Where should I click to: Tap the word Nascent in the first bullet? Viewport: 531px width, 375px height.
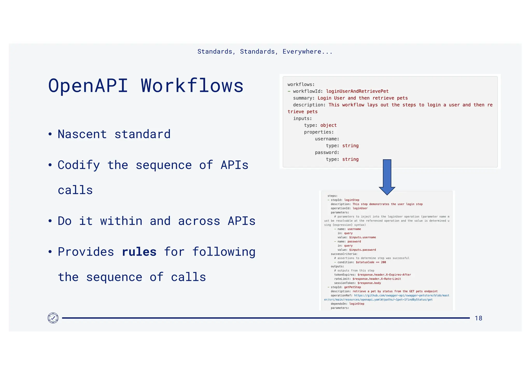pos(82,134)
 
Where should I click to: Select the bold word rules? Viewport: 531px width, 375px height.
pos(139,252)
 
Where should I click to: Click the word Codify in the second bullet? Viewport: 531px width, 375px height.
pos(79,165)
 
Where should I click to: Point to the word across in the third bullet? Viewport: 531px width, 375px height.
pos(199,221)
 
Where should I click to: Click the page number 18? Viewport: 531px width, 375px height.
pos(478,318)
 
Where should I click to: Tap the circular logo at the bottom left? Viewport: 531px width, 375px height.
pos(53,318)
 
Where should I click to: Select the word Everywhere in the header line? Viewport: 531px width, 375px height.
pos(302,52)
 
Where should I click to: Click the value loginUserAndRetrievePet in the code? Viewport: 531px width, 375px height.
pos(357,91)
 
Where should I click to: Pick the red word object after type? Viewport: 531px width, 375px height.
pos(328,125)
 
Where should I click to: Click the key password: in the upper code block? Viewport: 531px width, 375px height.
pos(327,153)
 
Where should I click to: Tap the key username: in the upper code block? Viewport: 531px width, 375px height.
pos(327,139)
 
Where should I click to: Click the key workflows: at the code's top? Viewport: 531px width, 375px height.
pos(301,84)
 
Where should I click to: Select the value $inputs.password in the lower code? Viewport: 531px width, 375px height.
pos(362,250)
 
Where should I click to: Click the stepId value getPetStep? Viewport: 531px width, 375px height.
pos(352,287)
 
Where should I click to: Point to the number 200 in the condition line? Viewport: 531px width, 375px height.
pos(383,262)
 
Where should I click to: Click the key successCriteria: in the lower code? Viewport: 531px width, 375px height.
pos(344,254)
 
